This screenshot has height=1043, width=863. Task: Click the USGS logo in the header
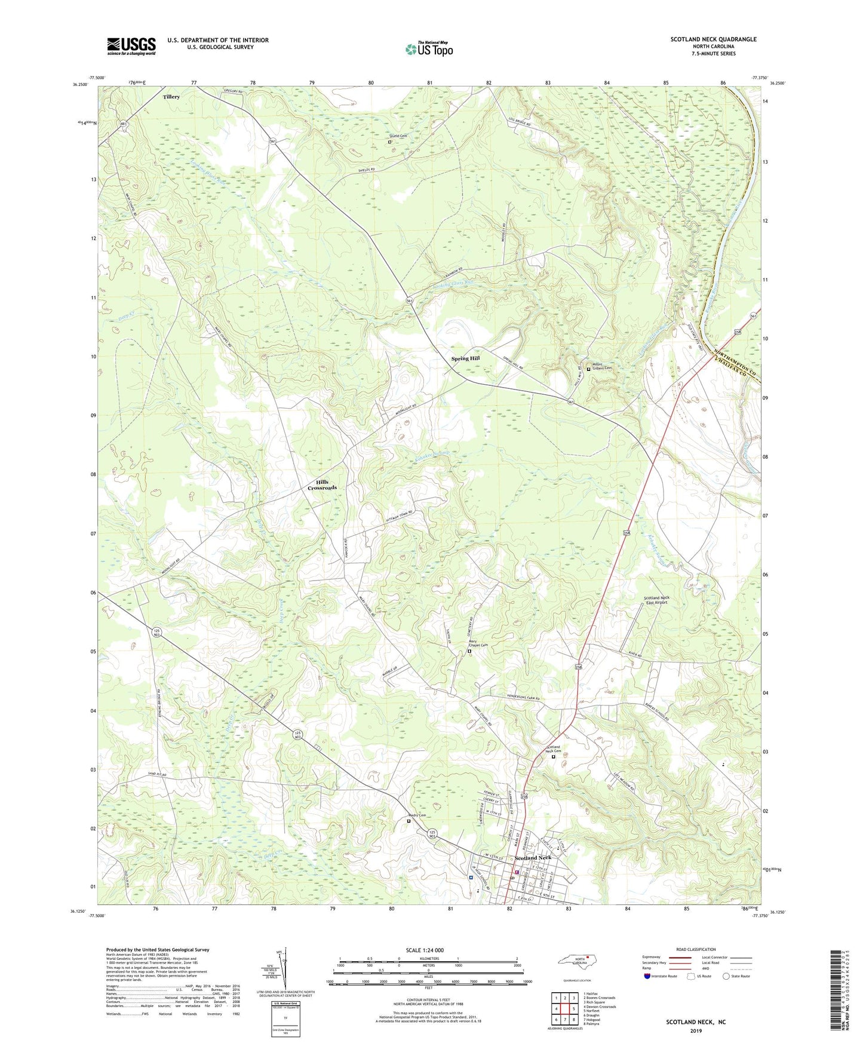click(x=131, y=45)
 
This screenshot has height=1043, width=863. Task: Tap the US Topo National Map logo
click(x=429, y=49)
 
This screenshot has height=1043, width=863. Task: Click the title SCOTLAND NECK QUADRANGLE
click(x=713, y=39)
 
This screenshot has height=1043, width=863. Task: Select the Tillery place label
click(x=171, y=97)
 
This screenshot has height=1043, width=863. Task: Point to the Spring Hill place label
click(x=465, y=358)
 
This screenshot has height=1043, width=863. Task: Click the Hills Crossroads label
click(x=323, y=485)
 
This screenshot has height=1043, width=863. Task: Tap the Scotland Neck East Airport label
click(x=656, y=600)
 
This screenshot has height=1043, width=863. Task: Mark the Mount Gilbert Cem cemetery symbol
click(x=588, y=369)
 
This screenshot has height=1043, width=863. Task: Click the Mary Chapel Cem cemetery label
click(x=477, y=645)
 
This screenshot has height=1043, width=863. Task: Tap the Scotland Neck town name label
click(x=533, y=858)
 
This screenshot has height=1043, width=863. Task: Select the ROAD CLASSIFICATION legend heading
click(x=696, y=949)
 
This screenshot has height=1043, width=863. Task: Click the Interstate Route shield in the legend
click(x=647, y=976)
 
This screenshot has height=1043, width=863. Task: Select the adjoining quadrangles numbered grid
click(x=564, y=1010)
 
